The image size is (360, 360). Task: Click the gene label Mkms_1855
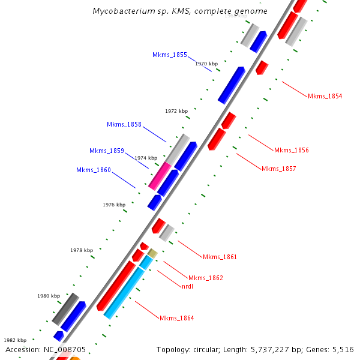tap(170, 55)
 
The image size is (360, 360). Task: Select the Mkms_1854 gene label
tap(325, 96)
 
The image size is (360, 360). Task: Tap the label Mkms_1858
tap(124, 124)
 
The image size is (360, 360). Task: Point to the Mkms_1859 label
tap(107, 151)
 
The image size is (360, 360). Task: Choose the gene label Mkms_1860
tap(94, 170)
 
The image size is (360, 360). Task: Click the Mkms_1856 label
tap(291, 150)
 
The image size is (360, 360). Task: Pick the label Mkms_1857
tap(278, 169)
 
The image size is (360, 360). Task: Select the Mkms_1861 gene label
tap(220, 257)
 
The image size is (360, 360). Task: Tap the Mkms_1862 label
tap(206, 278)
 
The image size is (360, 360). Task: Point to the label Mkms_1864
tap(176, 317)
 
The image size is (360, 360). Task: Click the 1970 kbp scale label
tap(206, 64)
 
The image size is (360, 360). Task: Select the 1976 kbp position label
tap(114, 205)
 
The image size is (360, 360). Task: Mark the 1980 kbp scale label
tap(49, 296)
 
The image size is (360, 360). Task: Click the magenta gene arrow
tap(160, 176)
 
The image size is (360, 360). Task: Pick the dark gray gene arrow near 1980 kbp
tap(65, 308)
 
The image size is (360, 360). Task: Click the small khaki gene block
tap(152, 253)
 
